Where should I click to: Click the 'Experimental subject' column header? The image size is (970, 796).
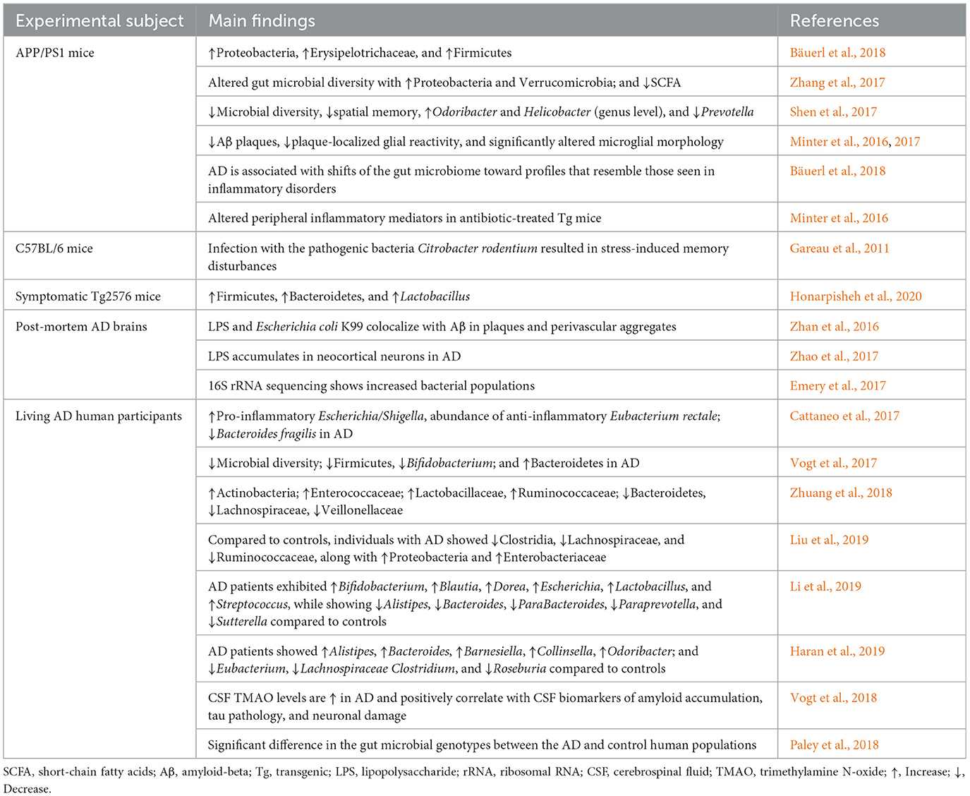coord(99,21)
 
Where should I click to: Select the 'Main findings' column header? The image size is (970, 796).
coord(262,21)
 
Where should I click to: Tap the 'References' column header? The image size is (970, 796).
coord(834,21)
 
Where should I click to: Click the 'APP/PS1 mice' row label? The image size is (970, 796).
coord(55,53)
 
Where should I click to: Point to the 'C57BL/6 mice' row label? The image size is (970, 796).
coord(54,248)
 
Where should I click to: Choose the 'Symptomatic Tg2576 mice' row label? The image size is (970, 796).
coord(88,296)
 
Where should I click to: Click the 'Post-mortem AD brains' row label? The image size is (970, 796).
coord(81,327)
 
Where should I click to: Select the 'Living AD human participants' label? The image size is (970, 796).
coord(99,416)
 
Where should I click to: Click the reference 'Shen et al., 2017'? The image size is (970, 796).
coord(833,112)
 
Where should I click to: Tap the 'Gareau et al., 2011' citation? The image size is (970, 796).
coord(839,248)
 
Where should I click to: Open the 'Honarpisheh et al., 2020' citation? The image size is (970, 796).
coord(856,296)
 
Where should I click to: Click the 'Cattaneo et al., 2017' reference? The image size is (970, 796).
coord(844,416)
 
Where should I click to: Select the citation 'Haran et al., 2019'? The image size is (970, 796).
coord(837,651)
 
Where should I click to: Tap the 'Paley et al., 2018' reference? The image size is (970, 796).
coord(834,745)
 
